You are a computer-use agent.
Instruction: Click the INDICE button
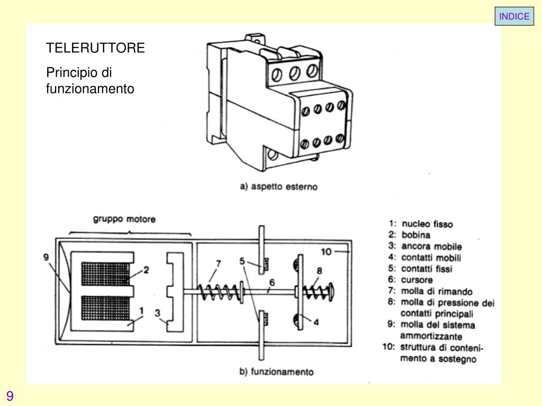(x=514, y=16)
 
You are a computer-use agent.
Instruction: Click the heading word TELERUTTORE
(x=95, y=48)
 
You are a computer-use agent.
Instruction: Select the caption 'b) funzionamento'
(x=276, y=371)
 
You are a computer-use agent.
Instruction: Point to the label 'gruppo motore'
(x=125, y=219)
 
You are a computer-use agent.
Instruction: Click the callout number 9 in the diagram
(x=47, y=257)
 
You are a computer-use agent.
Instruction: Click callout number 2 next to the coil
(x=146, y=269)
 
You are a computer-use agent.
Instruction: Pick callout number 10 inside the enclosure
(x=326, y=252)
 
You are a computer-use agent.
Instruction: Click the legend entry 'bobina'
(x=415, y=235)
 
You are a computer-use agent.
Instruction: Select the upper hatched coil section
(x=104, y=273)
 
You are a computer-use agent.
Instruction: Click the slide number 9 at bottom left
(x=10, y=396)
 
